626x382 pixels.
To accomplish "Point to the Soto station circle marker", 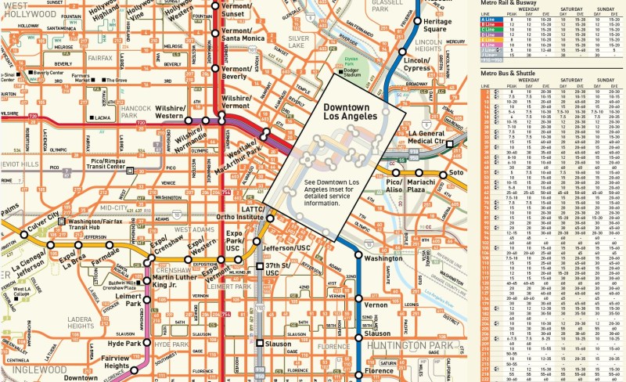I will click(x=444, y=174).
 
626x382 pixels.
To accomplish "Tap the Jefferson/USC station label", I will click(x=286, y=248).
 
